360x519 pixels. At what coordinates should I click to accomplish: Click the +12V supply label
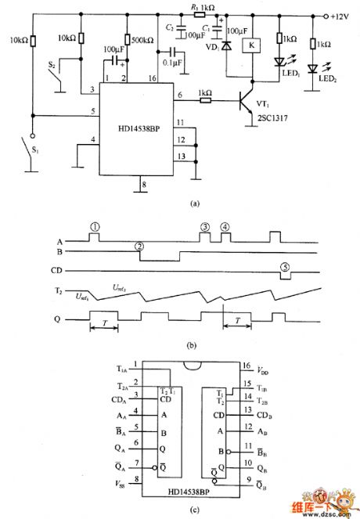click(x=342, y=15)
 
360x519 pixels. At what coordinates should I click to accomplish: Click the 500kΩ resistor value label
click(x=142, y=40)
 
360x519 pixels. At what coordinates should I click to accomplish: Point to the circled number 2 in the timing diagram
click(x=139, y=246)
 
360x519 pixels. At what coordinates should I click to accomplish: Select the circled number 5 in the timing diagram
click(x=286, y=267)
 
